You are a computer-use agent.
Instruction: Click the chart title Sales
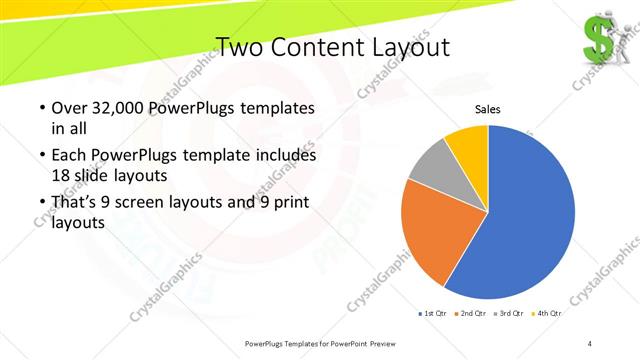pos(487,109)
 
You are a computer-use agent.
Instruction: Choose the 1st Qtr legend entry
pos(436,314)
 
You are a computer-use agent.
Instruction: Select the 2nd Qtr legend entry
pos(473,314)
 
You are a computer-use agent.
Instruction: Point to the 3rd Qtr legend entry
pos(509,314)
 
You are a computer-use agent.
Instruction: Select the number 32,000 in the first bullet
pos(113,108)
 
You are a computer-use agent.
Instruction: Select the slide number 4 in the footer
pos(589,344)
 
